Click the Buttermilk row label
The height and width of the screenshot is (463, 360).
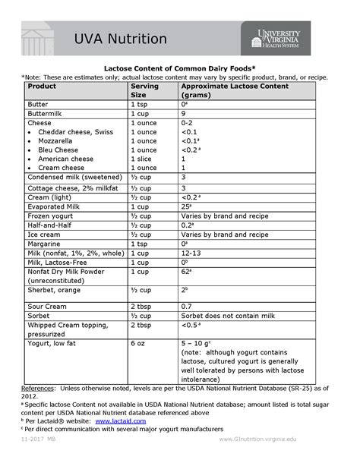click(46, 112)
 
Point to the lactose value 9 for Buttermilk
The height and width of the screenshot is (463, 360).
click(183, 112)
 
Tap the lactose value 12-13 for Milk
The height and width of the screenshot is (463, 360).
click(191, 253)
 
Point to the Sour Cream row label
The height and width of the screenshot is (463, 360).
click(48, 305)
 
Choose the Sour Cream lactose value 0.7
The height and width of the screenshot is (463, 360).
click(187, 305)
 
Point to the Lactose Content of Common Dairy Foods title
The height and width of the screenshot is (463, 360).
click(180, 68)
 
